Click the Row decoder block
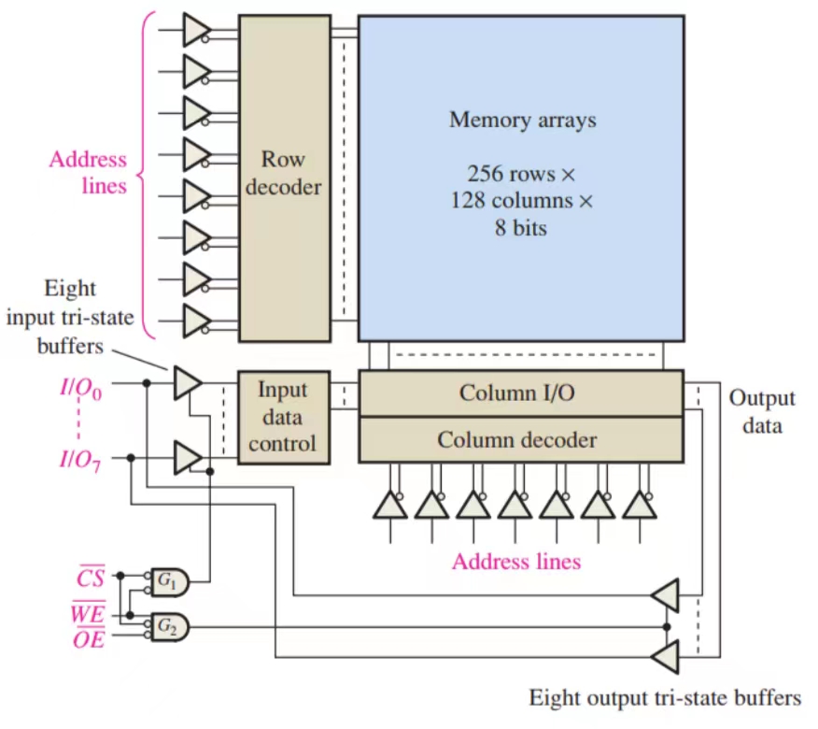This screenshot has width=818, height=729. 284,177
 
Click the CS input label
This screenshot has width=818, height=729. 90,579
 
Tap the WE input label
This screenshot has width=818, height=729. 90,613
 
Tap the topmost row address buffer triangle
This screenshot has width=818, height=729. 196,29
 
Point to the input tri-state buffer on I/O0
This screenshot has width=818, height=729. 187,381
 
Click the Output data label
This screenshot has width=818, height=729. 762,411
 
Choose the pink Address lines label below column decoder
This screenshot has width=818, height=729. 515,562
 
